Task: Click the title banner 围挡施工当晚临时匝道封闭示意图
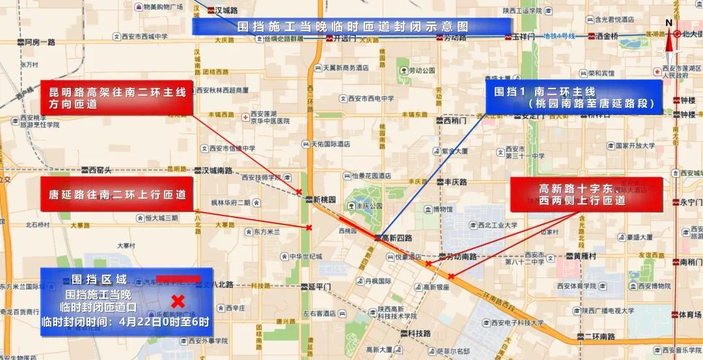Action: (353, 27)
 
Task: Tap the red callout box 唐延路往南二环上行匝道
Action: (117, 194)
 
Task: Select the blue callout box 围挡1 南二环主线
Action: (573, 98)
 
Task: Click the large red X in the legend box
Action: (177, 301)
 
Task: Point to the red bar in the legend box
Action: (178, 279)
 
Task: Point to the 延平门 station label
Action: (320, 286)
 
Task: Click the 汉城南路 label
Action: (217, 171)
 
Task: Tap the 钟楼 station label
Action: (687, 101)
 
